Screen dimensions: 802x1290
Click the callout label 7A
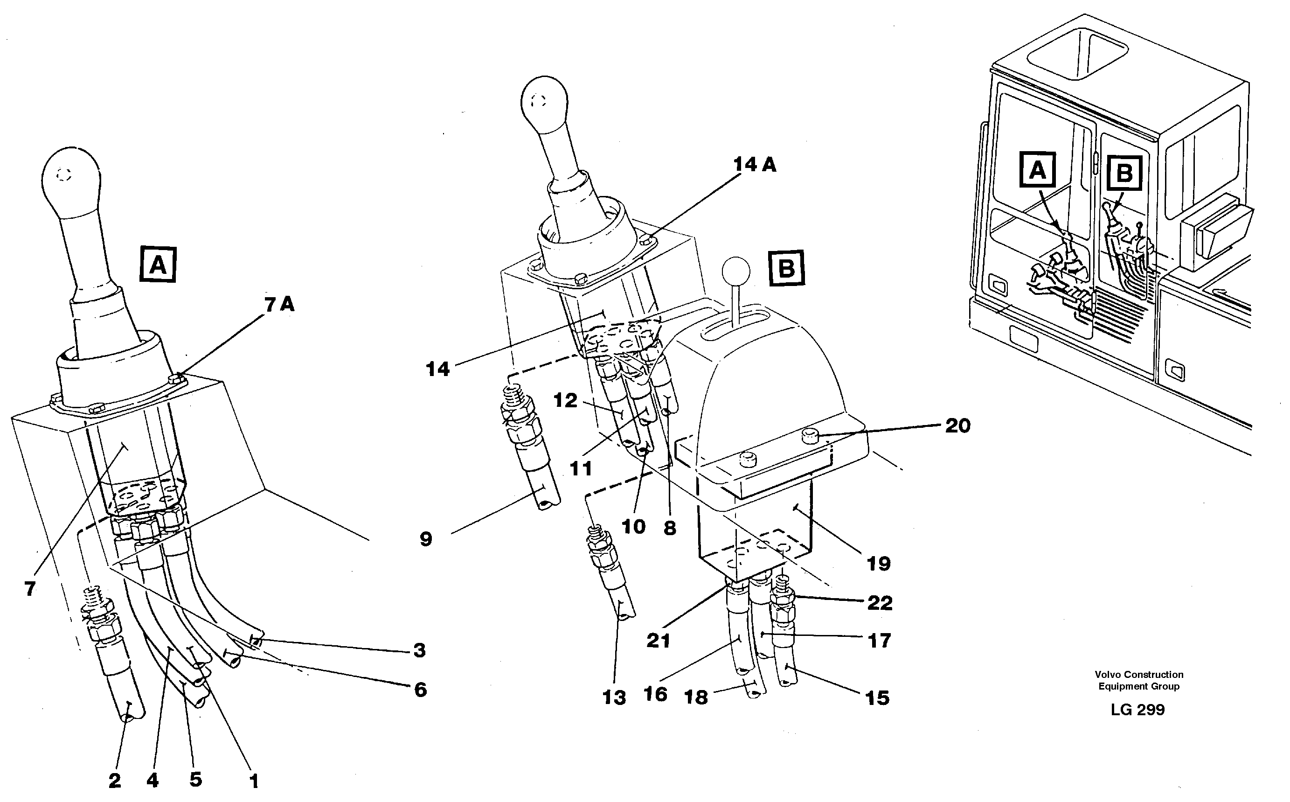[279, 305]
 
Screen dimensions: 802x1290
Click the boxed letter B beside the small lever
[786, 268]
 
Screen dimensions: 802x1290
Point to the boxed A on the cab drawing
[1038, 170]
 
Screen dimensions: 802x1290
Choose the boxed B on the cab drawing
[1124, 173]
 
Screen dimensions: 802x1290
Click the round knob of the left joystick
[71, 175]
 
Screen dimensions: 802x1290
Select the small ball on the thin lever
[736, 271]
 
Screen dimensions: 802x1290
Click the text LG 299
[1138, 710]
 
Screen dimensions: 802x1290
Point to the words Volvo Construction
[1139, 674]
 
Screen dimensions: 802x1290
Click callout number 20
[957, 425]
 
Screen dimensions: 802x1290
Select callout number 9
[426, 539]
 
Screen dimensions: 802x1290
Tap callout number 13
[614, 697]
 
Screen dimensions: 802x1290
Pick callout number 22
[880, 603]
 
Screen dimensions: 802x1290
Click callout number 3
[419, 650]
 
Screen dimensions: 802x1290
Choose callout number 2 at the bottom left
[115, 780]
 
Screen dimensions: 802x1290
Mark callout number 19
[878, 563]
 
